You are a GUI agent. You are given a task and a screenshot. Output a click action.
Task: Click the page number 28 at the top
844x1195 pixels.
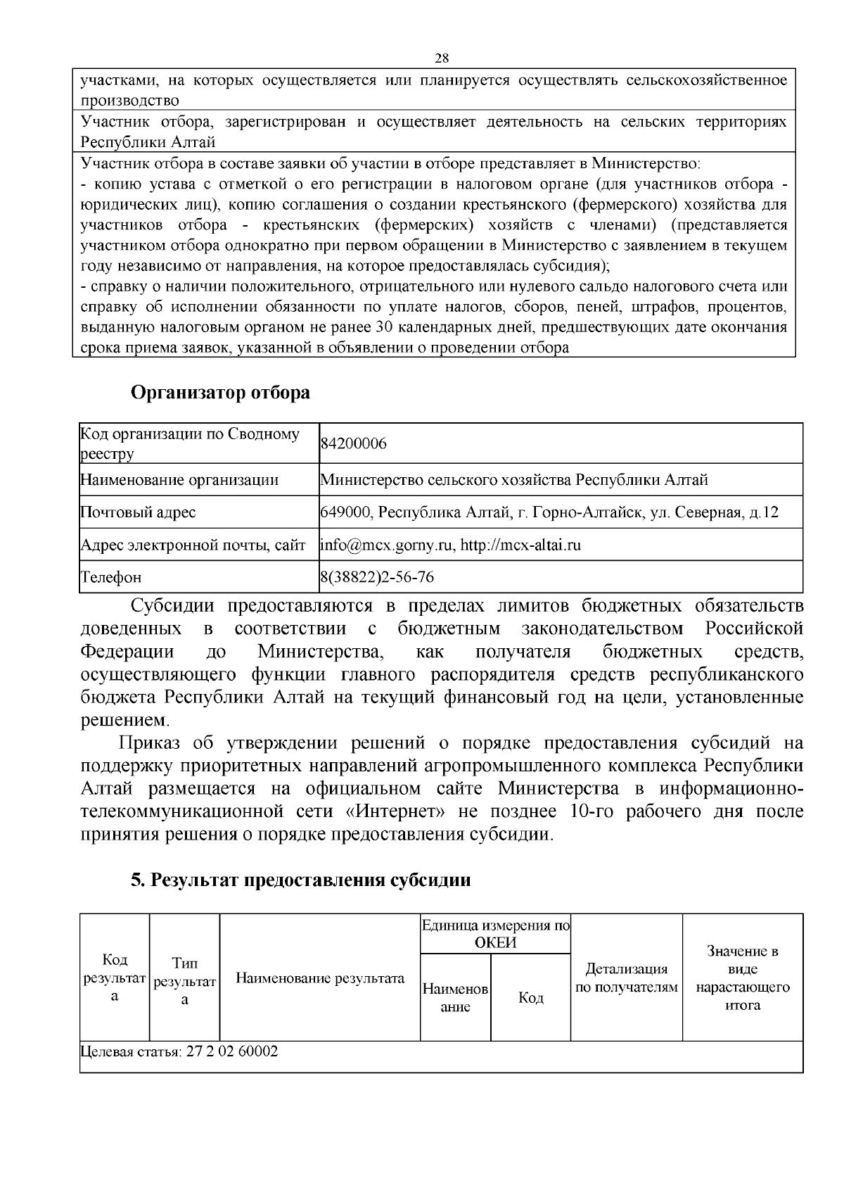[442, 58]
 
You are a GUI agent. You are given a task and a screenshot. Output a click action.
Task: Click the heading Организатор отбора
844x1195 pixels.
[220, 393]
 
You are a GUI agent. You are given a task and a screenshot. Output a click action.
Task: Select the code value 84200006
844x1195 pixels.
[354, 444]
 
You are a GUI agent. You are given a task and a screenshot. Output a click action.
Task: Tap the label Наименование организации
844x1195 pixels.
[179, 480]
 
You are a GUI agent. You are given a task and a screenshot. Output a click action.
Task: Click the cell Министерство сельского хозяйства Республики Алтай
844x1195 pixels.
[514, 480]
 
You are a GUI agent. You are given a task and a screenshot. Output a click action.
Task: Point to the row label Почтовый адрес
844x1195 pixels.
[138, 512]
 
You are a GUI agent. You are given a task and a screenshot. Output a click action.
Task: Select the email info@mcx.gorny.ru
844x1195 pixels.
[386, 545]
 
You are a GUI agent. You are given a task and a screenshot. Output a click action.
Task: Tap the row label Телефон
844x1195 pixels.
[111, 577]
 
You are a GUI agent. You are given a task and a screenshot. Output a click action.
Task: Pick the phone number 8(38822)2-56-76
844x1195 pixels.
[377, 577]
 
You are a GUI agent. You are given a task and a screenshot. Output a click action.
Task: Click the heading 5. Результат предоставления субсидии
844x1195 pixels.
[300, 880]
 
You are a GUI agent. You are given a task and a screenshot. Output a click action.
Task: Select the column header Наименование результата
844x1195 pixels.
[320, 978]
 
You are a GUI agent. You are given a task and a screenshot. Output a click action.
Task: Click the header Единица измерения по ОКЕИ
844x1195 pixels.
[496, 934]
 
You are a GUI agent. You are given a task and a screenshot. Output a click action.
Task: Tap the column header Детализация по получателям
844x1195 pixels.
[626, 978]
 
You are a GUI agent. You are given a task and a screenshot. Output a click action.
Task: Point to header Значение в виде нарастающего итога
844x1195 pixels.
[743, 978]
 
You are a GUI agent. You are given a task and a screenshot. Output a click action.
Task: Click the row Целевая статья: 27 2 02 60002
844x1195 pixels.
[179, 1051]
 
